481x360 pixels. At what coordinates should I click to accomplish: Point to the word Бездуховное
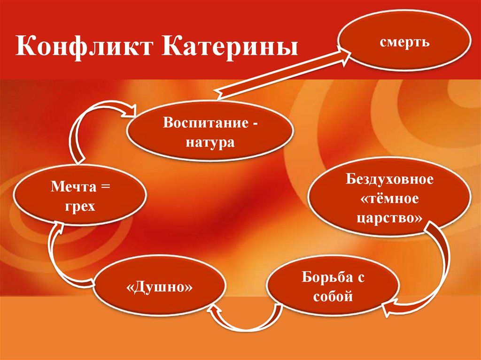pos(389,180)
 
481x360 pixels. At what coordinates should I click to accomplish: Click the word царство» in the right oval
pos(389,219)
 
